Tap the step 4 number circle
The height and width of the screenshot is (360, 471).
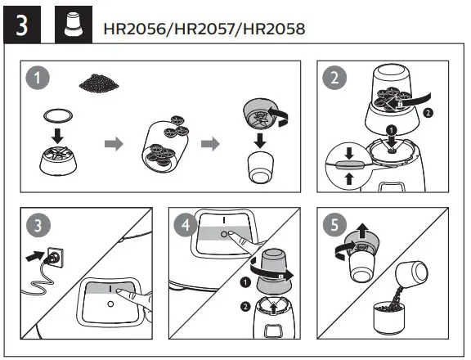coord(185,224)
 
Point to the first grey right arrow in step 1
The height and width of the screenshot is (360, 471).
coord(114,144)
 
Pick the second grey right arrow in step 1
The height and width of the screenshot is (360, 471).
coord(211,144)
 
